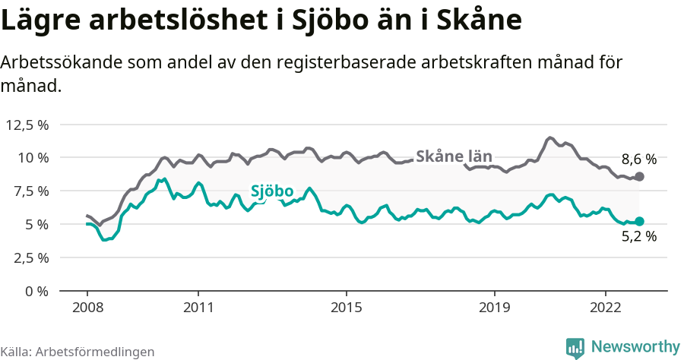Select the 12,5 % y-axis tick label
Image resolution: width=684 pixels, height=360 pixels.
point(27,125)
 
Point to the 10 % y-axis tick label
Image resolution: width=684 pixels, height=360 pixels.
point(33,158)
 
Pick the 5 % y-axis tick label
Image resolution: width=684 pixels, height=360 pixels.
point(36,225)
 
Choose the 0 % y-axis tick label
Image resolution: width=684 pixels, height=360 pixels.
point(36,291)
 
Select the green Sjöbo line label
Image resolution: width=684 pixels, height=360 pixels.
point(271,191)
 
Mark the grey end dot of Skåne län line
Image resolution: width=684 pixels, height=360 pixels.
point(639,176)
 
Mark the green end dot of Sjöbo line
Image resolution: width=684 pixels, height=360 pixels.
point(639,222)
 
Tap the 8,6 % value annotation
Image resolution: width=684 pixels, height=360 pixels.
point(638,159)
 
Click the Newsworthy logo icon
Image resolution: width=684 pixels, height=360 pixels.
point(575,347)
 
